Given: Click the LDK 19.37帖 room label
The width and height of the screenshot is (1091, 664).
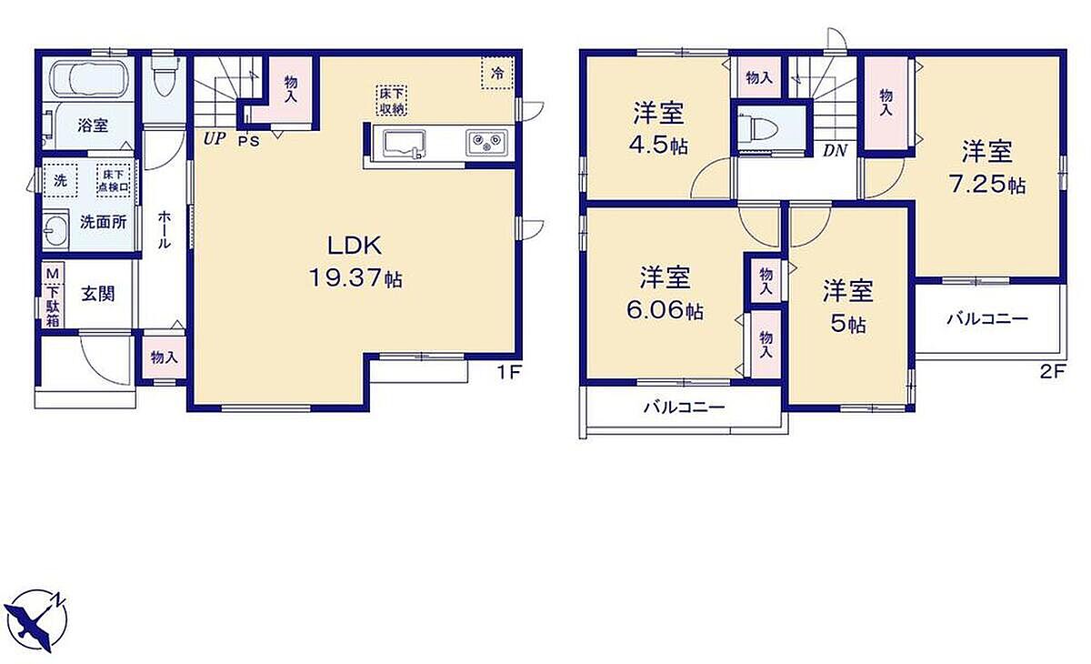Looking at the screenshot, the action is [x=355, y=262].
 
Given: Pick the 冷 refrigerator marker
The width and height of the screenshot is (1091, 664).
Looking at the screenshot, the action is [x=496, y=74].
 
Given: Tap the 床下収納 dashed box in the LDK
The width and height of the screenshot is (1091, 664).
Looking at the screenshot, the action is [x=391, y=100].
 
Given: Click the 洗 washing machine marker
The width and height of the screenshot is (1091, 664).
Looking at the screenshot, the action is [x=60, y=180].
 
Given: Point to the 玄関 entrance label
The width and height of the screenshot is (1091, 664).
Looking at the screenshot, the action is [x=98, y=294].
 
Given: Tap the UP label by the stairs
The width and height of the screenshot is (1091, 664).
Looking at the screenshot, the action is [x=214, y=139].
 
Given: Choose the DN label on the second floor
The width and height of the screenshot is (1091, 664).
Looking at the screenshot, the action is [x=836, y=150].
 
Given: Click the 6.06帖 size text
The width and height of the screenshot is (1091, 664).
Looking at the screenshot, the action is [x=665, y=310].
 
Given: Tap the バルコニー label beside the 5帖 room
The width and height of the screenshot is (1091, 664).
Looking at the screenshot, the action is [x=987, y=319].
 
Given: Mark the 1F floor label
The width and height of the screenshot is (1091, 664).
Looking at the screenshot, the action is [x=509, y=373].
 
